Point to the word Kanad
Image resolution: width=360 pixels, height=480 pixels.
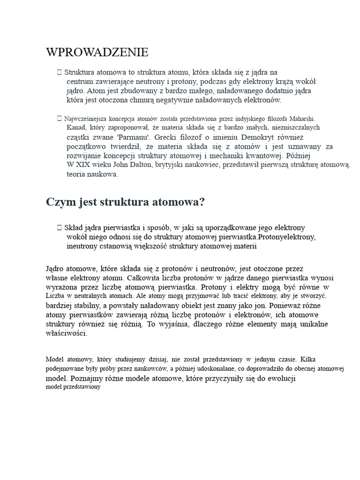76,127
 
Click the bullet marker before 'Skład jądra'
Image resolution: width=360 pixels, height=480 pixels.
59,227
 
